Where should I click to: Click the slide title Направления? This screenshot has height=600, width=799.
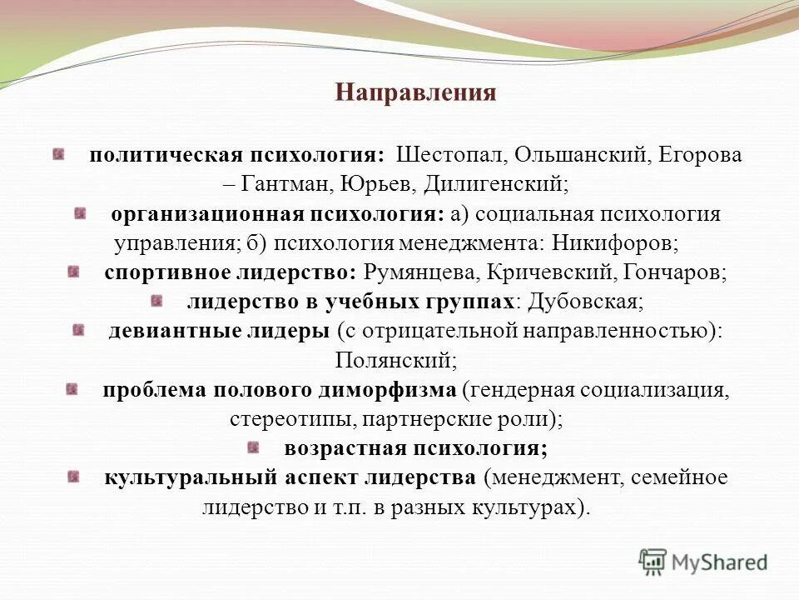[415, 92]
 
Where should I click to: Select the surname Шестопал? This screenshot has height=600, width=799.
[450, 156]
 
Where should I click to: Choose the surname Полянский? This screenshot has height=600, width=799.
[396, 360]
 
